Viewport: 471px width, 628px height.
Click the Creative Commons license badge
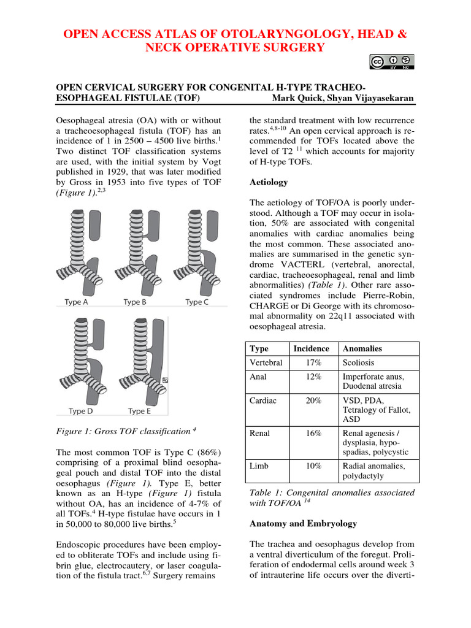pos(392,63)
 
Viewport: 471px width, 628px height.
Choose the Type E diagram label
pos(139,411)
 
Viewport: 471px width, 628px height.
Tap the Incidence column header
pos(311,348)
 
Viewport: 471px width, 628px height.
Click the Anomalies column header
pos(363,348)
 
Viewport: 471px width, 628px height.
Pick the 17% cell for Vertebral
pos(314,362)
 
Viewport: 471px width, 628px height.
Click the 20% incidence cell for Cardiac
pos(314,400)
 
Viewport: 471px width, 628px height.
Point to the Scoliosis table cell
pos(358,362)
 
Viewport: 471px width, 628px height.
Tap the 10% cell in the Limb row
pos(314,465)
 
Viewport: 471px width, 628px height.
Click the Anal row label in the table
pos(258,377)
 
